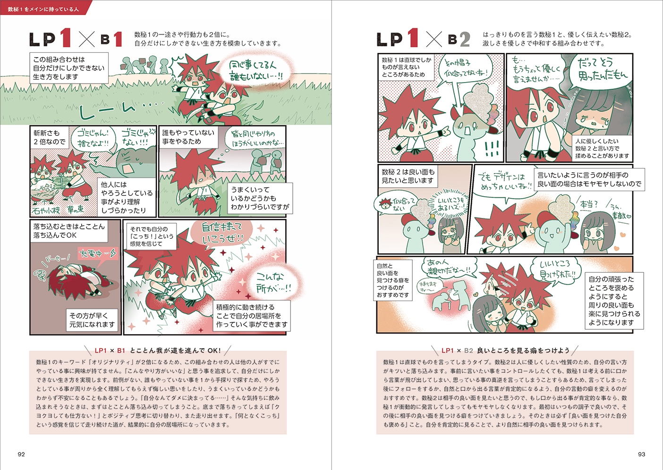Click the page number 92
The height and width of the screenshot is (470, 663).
tap(21, 454)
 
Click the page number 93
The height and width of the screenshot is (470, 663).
tap(641, 454)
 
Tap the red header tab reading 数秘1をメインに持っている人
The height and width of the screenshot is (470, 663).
tap(43, 9)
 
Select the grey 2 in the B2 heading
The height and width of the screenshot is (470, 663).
tap(465, 40)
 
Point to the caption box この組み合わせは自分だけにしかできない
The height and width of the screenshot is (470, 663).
tap(69, 68)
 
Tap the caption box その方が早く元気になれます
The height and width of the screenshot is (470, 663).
tap(92, 319)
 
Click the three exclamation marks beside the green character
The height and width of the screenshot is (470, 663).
tap(492, 149)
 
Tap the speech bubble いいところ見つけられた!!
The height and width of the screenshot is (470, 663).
tap(558, 269)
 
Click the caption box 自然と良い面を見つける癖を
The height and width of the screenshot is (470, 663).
tap(393, 280)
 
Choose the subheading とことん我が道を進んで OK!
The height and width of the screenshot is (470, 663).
tap(158, 351)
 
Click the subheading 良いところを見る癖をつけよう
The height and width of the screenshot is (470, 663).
tap(505, 351)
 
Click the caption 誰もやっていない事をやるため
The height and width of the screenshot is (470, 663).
tap(188, 137)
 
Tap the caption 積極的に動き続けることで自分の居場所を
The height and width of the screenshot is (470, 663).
tap(252, 316)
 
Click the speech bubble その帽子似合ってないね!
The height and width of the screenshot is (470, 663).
tap(466, 68)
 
